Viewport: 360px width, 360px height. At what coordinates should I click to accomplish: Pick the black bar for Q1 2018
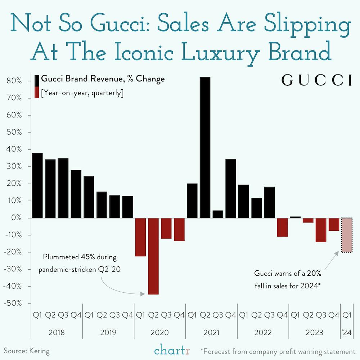coord(37,185)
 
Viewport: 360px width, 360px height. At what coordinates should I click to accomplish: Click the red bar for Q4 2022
coord(283,227)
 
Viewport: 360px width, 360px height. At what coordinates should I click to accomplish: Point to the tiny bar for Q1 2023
coord(295,217)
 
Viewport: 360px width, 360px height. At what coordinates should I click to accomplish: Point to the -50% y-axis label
coord(14,303)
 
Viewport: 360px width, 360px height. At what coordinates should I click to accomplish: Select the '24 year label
coord(347,332)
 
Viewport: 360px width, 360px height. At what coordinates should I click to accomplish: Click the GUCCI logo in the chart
coord(316,80)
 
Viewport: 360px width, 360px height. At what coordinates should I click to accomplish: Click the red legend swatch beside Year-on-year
coord(37,93)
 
